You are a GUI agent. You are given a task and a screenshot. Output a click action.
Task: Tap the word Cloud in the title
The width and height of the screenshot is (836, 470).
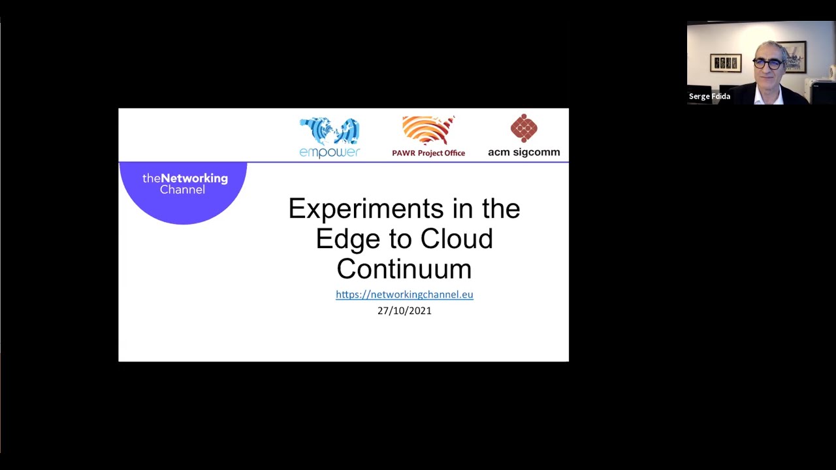(456, 239)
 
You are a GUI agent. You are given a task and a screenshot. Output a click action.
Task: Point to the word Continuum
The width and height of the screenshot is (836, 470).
(404, 269)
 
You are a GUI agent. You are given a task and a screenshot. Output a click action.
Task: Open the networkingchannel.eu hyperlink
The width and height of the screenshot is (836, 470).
(404, 294)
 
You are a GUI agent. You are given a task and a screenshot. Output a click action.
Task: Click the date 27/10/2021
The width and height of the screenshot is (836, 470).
(404, 311)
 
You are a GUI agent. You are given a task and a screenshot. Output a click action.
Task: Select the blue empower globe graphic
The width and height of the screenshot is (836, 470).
(329, 131)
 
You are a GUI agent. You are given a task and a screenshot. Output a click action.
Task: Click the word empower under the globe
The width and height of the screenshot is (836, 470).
(329, 153)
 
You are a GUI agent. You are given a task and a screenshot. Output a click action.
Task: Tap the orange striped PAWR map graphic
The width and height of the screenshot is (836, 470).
(428, 131)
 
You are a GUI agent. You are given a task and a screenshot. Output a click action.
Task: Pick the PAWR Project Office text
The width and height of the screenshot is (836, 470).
(428, 153)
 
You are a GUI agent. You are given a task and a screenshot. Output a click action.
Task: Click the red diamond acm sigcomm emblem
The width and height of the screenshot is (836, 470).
(524, 128)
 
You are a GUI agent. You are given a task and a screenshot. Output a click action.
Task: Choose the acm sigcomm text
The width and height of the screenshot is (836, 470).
(524, 153)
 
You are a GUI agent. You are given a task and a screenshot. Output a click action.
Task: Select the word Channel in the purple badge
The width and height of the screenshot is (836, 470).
(182, 190)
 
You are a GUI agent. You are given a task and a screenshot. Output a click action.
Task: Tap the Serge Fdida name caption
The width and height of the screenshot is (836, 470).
(709, 97)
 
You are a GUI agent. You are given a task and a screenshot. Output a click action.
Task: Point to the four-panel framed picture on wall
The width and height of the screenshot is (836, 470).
(725, 63)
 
